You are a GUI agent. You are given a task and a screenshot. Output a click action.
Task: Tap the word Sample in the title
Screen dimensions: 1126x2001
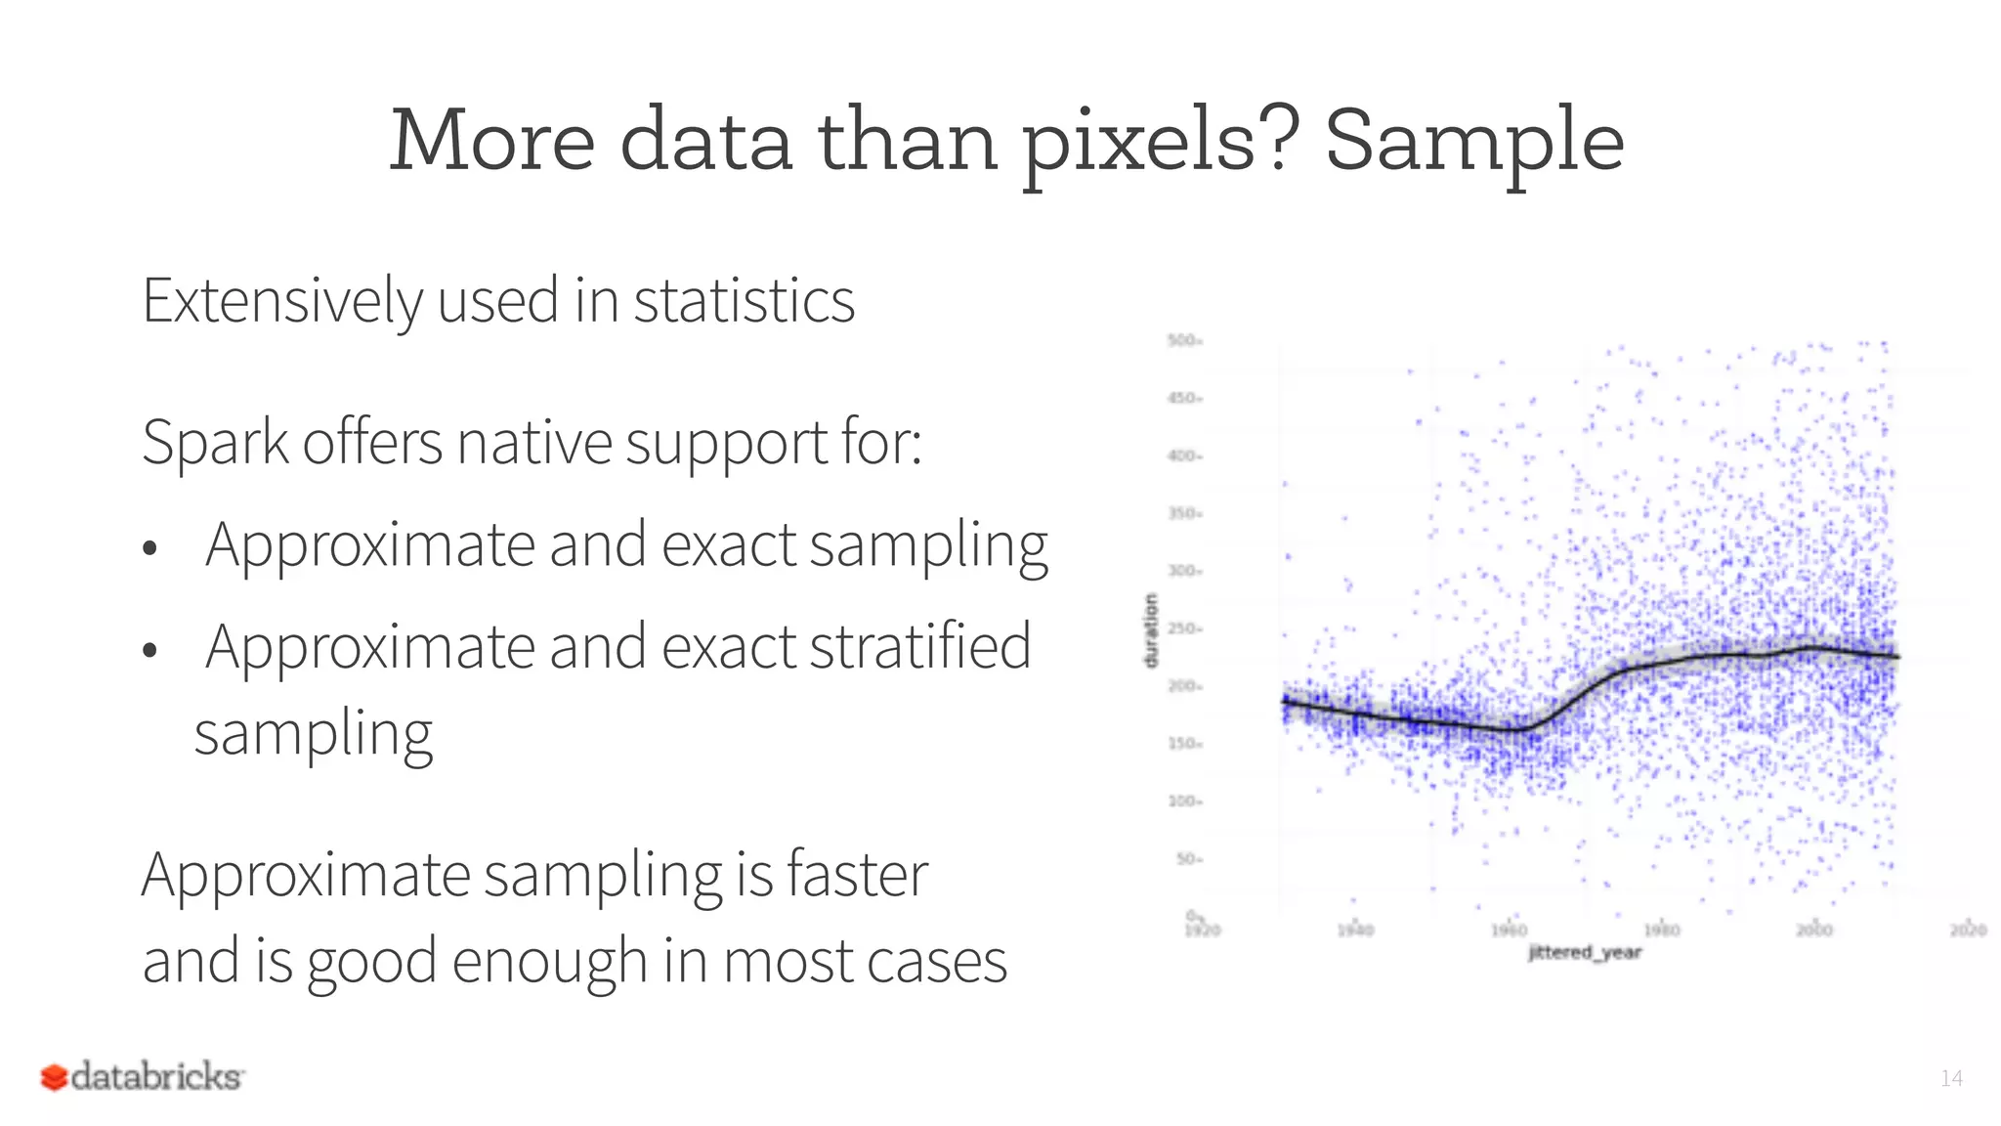[1473, 143]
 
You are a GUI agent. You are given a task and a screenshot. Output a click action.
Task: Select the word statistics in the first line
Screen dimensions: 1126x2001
[744, 300]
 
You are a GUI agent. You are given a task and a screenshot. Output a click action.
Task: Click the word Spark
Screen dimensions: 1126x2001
[215, 443]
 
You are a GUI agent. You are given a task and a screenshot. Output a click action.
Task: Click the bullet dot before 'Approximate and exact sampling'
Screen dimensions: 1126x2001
[149, 548]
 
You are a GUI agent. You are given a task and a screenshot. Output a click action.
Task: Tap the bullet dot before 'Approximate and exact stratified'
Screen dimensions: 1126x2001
[149, 650]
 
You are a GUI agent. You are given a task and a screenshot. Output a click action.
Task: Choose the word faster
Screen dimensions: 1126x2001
[857, 874]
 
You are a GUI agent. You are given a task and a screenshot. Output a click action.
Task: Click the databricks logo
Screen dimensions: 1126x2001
[143, 1076]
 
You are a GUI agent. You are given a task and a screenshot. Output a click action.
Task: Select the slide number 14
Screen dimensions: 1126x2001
[1951, 1078]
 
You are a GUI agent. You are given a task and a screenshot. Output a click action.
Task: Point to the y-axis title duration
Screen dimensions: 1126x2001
[1150, 630]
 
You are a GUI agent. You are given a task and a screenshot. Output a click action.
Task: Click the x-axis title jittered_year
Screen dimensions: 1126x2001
[1585, 952]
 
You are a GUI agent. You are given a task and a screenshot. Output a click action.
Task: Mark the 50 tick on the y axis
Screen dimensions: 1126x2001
[1187, 859]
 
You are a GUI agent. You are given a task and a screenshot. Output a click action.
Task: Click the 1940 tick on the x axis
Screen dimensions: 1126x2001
[1355, 930]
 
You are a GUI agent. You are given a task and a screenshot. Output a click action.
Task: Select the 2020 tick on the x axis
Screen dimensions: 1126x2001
[1968, 930]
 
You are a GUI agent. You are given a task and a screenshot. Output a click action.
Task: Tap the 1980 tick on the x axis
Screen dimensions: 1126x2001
[1661, 930]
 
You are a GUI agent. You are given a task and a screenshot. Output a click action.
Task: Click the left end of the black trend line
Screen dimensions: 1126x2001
[1285, 701]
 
